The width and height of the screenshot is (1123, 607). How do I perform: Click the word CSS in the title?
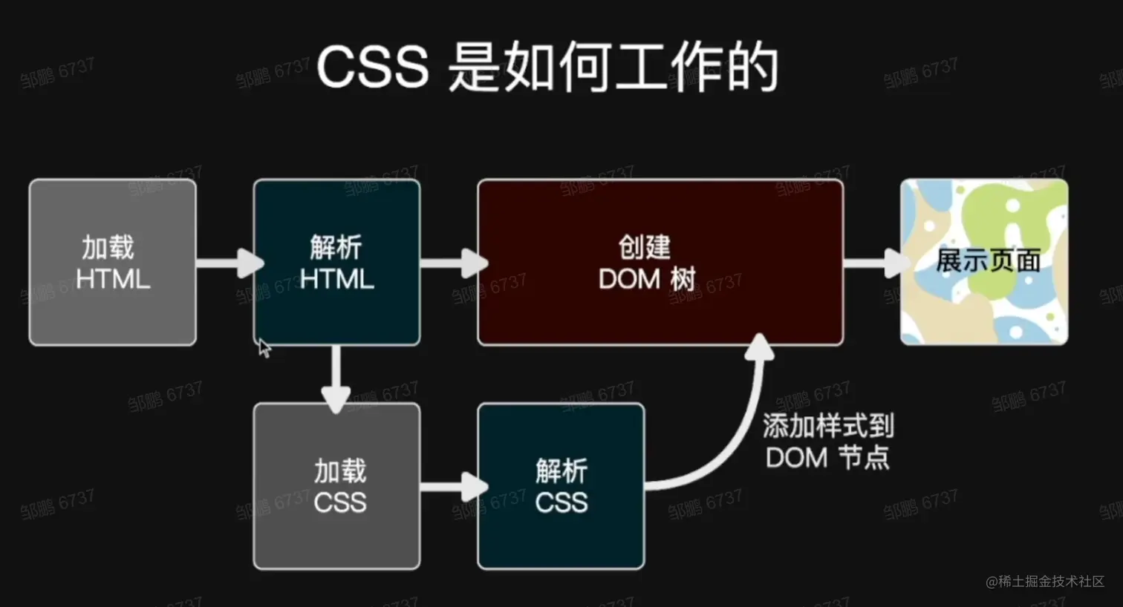[372, 67]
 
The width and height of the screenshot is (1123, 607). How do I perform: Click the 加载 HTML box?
[112, 262]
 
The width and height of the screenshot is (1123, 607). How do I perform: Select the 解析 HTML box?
[336, 262]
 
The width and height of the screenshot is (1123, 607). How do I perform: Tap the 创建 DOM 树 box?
[660, 262]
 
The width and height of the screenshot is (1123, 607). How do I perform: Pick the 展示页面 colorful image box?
[984, 262]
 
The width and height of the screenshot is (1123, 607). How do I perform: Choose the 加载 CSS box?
[336, 486]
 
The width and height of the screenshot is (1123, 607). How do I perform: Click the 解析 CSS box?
[561, 486]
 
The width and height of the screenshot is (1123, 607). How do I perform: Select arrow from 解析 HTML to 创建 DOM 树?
[453, 262]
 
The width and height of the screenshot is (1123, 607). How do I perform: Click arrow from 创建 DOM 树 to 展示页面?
[875, 262]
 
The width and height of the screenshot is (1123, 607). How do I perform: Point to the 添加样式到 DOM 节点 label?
[827, 442]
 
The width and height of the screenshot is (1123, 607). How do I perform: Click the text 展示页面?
[988, 261]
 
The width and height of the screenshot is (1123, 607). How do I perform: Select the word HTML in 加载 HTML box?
[113, 280]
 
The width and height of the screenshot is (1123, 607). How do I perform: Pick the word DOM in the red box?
[629, 280]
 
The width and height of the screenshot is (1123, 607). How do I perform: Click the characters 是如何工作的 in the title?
[613, 67]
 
